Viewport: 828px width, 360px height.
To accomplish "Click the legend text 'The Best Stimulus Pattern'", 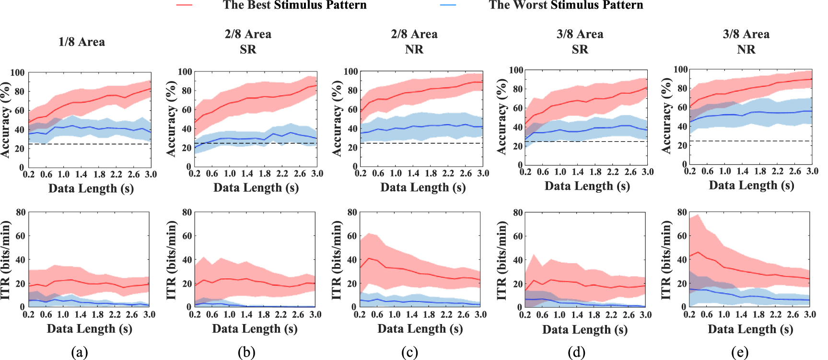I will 294,5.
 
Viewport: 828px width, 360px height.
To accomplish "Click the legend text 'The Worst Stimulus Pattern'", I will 566,5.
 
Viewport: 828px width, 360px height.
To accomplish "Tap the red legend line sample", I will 184,5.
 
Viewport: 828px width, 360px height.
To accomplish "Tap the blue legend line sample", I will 448,5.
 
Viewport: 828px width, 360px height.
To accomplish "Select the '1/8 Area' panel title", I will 82,42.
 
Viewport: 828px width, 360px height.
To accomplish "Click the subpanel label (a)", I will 79,353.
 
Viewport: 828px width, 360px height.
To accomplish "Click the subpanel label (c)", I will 409,353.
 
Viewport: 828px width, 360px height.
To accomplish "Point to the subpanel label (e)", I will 740,353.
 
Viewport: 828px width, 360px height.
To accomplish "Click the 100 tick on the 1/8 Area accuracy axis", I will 17,73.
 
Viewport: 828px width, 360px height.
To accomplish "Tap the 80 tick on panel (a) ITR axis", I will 21,212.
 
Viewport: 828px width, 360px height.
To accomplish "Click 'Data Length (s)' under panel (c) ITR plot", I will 420,329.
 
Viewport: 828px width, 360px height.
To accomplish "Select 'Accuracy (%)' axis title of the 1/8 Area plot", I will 5,120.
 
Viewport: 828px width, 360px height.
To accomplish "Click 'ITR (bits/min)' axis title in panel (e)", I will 666,260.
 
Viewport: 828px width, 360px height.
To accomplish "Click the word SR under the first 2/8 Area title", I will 248,49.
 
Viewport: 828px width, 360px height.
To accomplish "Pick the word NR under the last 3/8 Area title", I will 746,49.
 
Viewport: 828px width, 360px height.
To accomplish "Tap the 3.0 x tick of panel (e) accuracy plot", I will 812,171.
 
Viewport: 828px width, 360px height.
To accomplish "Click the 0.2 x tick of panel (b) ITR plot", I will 195,314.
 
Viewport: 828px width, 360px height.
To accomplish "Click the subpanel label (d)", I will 576,353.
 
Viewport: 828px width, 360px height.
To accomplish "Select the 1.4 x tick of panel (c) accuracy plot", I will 413,173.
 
